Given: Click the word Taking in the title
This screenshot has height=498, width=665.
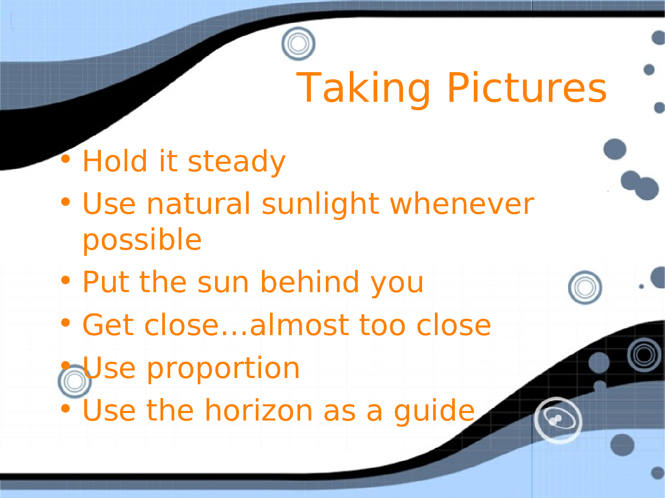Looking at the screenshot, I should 363,89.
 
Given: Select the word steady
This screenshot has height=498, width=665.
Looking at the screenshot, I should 237,162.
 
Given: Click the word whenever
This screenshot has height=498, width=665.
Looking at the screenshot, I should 462,205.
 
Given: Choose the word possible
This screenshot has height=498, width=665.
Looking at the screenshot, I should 142,240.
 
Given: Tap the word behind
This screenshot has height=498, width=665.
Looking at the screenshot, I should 310,282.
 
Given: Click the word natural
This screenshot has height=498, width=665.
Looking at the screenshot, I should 198,205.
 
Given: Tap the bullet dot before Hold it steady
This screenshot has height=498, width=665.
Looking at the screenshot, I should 66,159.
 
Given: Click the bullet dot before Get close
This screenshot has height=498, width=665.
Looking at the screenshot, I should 66,323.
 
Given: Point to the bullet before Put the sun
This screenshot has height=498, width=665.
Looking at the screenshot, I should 66,280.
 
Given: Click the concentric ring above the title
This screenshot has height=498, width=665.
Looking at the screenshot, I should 298,43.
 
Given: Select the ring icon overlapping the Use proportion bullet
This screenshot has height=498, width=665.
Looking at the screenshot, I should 74,381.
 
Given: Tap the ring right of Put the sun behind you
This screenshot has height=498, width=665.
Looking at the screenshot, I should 585,288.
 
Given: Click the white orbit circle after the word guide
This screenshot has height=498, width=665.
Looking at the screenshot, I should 558,420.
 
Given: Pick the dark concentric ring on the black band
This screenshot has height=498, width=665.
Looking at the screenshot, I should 644,355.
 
